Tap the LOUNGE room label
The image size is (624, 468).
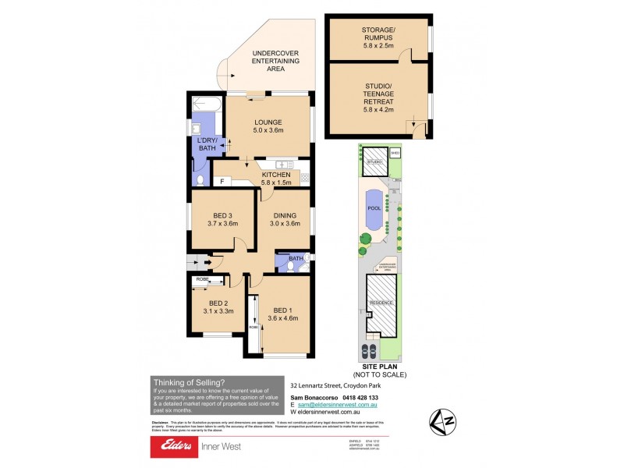[x=268, y=122]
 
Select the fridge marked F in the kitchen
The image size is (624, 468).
[x=222, y=181]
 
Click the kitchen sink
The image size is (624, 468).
[x=285, y=165]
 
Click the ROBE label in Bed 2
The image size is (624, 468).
[x=201, y=278]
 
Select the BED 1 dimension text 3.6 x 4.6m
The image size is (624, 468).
[x=283, y=318]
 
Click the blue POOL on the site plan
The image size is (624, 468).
[x=374, y=211]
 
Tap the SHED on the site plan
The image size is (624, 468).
[x=395, y=153]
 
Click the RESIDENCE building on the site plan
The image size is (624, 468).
[x=381, y=302]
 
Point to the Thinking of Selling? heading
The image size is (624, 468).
[x=189, y=382]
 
